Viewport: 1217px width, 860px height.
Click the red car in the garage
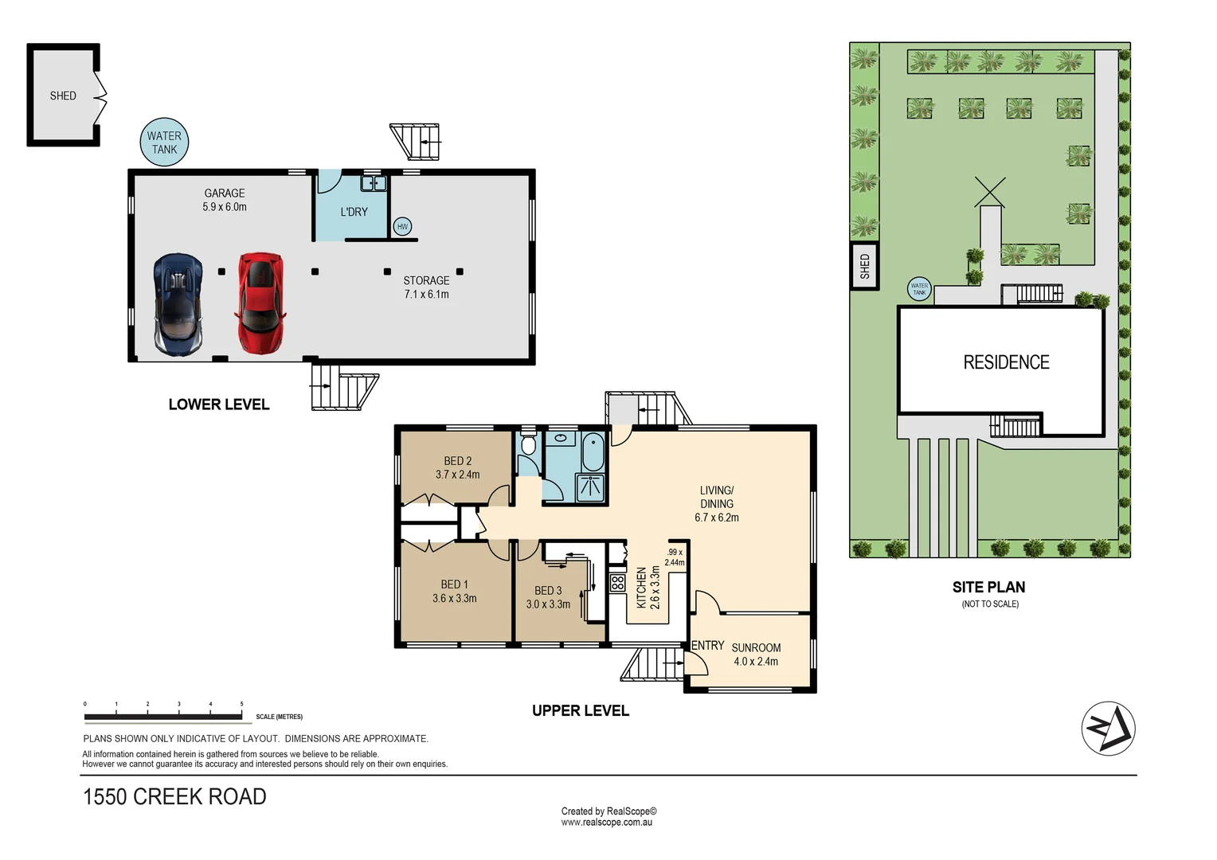click(x=260, y=303)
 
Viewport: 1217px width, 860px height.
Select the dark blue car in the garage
click(x=178, y=303)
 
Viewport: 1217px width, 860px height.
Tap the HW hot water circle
click(x=402, y=227)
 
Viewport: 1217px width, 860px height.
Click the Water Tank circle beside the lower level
click(x=164, y=143)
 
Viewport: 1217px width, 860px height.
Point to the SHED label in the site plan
click(x=865, y=266)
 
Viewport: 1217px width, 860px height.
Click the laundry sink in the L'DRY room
click(x=374, y=184)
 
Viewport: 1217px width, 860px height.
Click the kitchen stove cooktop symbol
click(x=617, y=583)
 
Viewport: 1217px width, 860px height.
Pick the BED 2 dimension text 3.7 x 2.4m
click(x=458, y=475)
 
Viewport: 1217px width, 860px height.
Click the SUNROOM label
click(x=756, y=648)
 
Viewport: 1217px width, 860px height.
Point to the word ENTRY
click(x=707, y=646)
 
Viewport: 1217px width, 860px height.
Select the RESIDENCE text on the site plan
click(x=1006, y=363)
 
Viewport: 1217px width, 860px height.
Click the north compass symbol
click(x=1108, y=729)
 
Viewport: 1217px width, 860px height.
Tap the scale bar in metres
click(x=163, y=717)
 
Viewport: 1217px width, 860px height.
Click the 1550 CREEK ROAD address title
click(x=174, y=797)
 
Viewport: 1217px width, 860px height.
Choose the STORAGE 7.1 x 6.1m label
click(x=426, y=287)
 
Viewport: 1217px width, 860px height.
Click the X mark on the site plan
click(x=990, y=192)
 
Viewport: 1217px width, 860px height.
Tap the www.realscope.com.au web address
click(x=606, y=823)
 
